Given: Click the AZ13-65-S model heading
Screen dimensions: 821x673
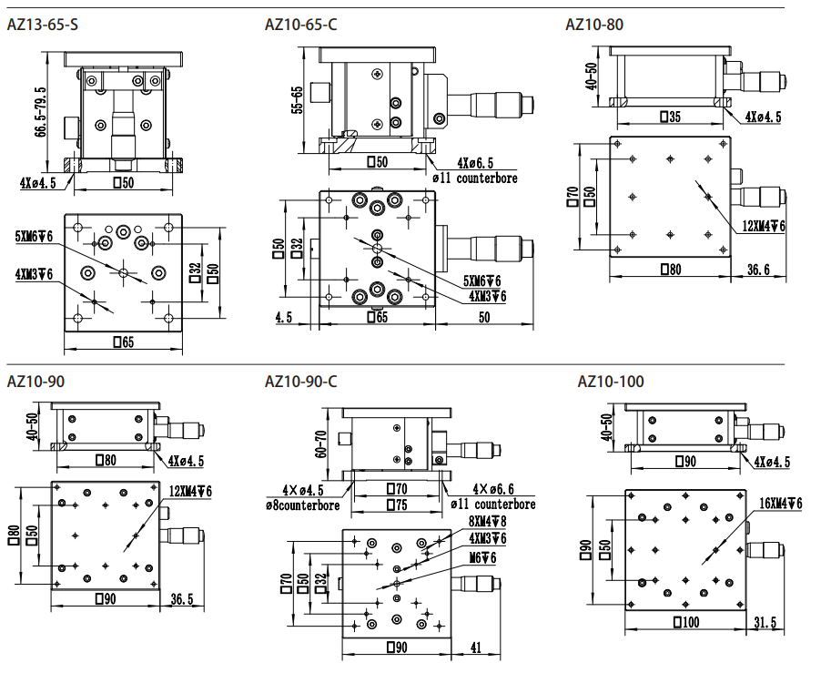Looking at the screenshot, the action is click(43, 25).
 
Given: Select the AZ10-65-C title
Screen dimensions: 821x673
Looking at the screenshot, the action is click(301, 25).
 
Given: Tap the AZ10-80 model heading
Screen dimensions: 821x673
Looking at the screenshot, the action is click(594, 25).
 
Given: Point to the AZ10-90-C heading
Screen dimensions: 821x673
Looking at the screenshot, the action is click(301, 382).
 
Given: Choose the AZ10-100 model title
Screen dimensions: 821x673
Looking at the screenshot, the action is click(611, 382).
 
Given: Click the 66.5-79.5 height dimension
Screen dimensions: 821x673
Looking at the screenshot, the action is click(40, 112).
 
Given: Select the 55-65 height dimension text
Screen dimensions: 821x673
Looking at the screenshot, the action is click(298, 99).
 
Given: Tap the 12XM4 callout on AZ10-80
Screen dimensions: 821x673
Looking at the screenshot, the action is click(764, 226).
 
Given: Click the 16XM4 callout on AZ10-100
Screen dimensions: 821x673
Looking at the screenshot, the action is click(781, 504).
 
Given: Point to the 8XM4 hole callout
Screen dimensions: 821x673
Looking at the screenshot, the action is click(488, 522).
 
